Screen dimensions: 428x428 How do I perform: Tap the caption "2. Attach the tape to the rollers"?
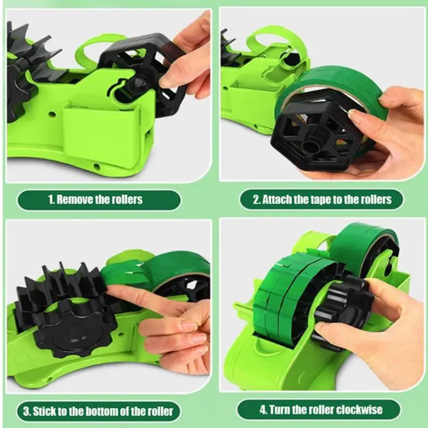[322, 200]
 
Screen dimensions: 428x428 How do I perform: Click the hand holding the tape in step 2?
[385, 128]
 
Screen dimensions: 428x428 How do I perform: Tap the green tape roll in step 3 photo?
[160, 267]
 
